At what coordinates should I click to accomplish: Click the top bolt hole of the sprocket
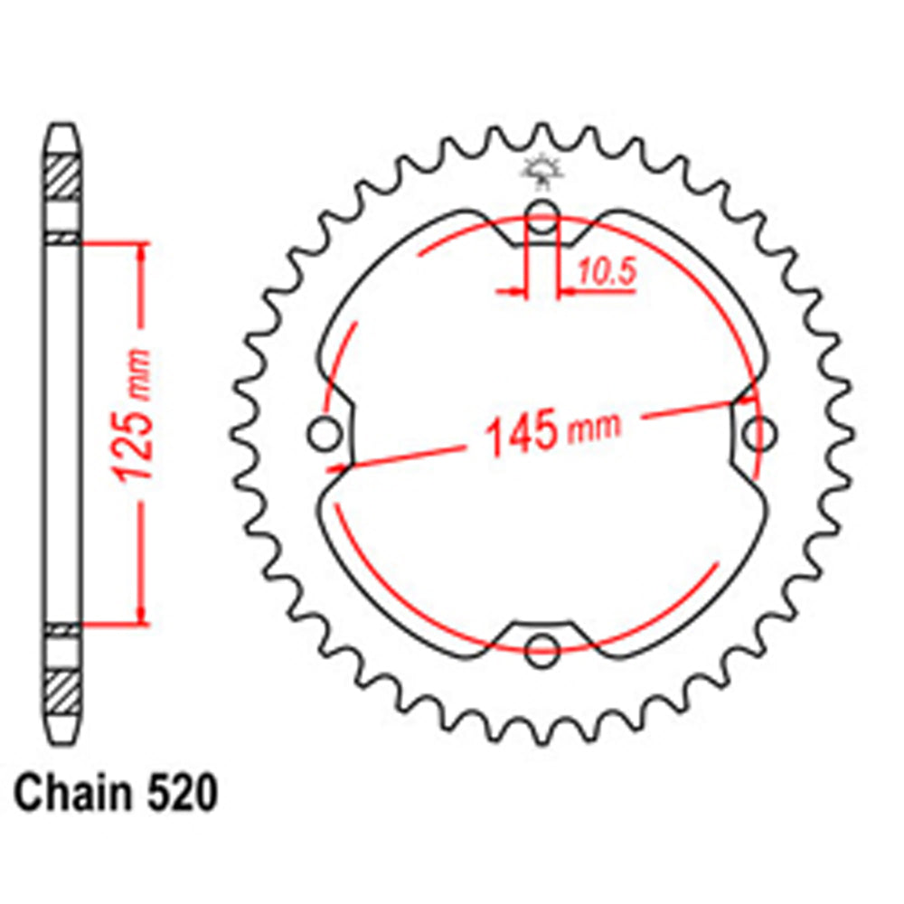(541, 218)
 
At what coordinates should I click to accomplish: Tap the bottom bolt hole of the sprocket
(541, 644)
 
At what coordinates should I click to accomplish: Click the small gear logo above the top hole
(541, 171)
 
